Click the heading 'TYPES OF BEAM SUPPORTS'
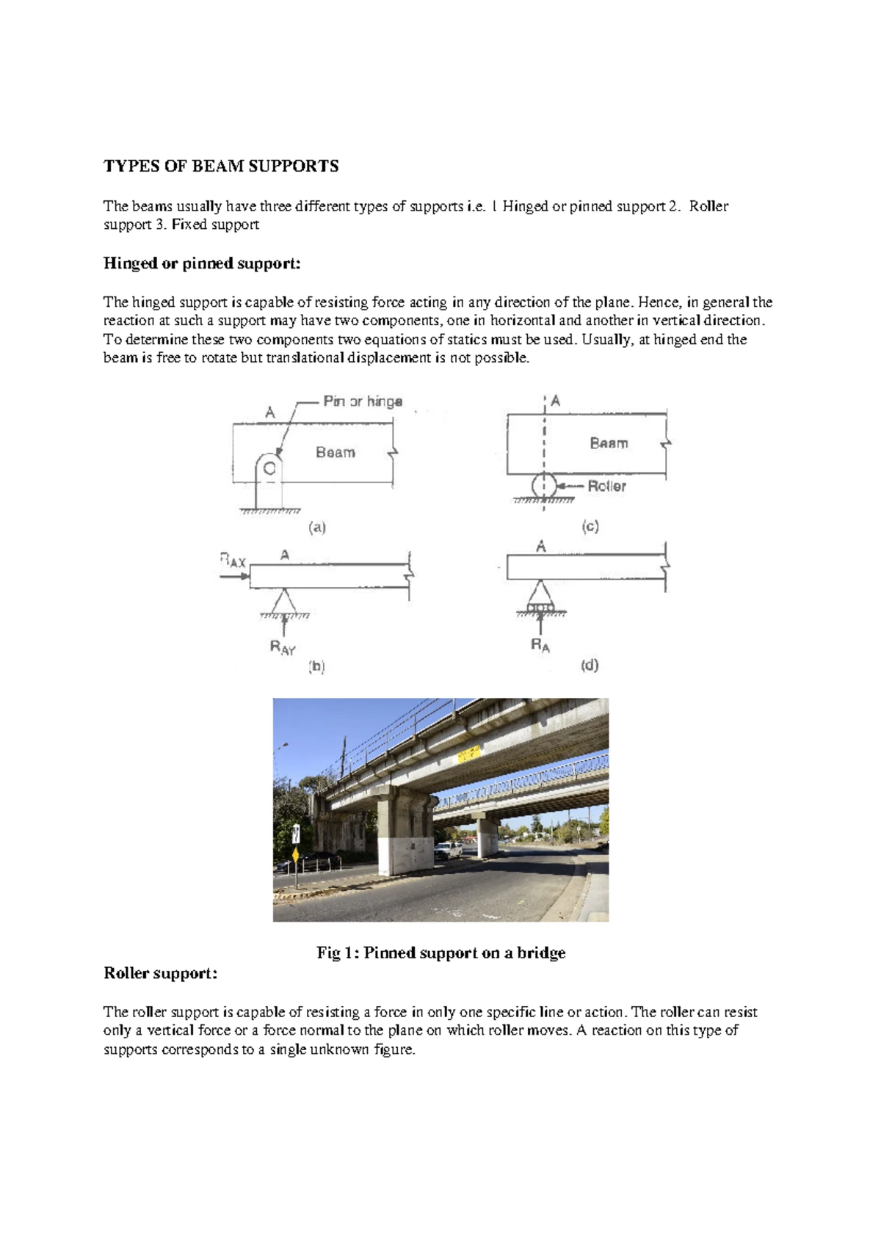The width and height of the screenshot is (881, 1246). click(x=221, y=166)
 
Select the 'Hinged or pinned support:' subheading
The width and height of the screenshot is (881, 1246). click(x=202, y=263)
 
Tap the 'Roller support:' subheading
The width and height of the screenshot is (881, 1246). click(x=160, y=974)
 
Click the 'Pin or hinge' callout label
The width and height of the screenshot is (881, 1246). click(x=363, y=401)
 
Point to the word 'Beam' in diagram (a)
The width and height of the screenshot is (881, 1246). click(x=335, y=453)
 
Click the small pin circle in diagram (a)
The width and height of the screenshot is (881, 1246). click(x=269, y=468)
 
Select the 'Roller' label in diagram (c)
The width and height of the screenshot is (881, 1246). click(x=606, y=486)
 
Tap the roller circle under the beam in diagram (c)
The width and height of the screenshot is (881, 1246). click(x=543, y=486)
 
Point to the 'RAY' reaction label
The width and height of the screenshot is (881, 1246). click(x=283, y=647)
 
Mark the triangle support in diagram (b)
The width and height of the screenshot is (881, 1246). click(x=284, y=601)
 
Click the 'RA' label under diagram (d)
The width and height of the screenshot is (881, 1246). click(x=540, y=646)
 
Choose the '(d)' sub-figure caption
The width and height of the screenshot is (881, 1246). click(x=590, y=666)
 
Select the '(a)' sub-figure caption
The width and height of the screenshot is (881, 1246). click(x=316, y=528)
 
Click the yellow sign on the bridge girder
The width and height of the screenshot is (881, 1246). click(x=468, y=754)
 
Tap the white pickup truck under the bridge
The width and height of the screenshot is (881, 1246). click(x=448, y=850)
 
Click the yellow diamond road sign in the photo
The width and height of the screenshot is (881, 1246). click(x=295, y=855)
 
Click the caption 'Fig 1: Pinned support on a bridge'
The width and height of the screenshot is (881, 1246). click(x=440, y=953)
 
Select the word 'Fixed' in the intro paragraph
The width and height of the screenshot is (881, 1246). click(x=189, y=225)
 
